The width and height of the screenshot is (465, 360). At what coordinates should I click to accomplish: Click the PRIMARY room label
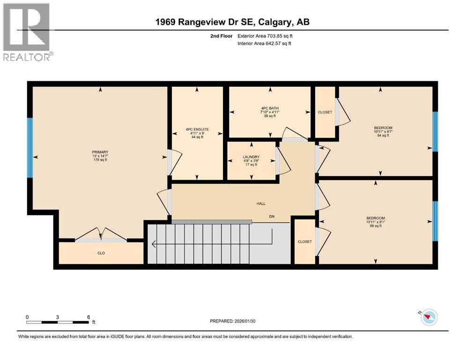[100, 152]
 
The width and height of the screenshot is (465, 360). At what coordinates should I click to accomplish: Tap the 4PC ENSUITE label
[197, 129]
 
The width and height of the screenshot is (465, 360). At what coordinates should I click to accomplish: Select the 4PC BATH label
[269, 109]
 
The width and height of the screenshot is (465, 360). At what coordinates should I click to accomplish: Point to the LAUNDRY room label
[251, 157]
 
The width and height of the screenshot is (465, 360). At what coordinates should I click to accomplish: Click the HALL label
[261, 203]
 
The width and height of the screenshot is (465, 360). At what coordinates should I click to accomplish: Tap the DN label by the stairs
[271, 217]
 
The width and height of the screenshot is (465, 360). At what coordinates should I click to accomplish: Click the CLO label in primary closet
[100, 253]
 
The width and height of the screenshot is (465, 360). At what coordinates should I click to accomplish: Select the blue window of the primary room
[30, 148]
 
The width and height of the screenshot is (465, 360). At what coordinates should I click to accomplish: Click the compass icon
[428, 317]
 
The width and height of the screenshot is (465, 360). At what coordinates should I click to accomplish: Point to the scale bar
[58, 322]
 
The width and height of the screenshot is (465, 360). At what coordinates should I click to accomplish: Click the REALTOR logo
[27, 32]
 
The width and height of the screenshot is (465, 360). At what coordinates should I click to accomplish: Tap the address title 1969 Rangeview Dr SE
[232, 22]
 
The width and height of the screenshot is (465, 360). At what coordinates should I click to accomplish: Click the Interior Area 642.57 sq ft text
[265, 44]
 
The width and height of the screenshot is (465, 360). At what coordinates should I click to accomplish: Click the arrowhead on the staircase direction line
[154, 244]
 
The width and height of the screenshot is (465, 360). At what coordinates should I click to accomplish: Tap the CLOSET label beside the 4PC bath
[325, 112]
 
